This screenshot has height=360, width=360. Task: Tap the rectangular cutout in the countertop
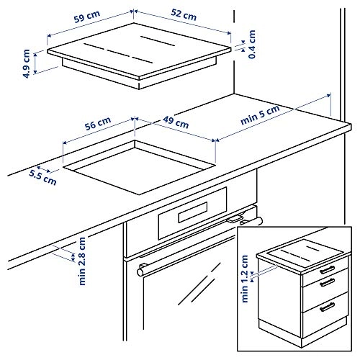(x=137, y=166)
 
